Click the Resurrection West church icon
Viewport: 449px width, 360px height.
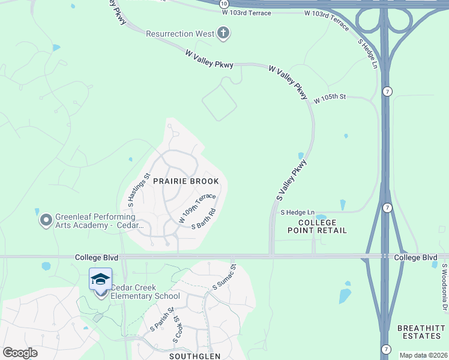click(x=223, y=34)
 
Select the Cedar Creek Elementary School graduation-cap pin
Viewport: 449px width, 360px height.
click(x=100, y=280)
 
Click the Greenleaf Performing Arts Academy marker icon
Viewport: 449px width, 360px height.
click(x=46, y=221)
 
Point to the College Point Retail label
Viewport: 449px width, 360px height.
click(x=312, y=226)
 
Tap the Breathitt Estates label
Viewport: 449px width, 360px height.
click(x=421, y=332)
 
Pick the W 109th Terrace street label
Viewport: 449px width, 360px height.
click(x=197, y=208)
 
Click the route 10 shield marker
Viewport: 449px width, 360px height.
click(x=223, y=3)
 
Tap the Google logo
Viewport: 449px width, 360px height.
click(x=20, y=352)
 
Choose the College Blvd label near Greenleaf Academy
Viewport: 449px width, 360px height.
click(x=97, y=257)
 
